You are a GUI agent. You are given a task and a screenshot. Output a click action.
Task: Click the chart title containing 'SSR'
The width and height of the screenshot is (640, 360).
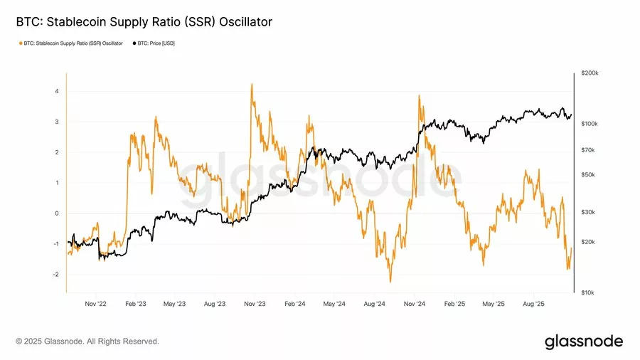click(144, 22)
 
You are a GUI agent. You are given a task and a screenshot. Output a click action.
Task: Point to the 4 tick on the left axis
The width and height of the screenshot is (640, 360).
click(56, 91)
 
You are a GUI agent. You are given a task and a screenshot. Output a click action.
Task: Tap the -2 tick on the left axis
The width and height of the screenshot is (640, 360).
click(55, 275)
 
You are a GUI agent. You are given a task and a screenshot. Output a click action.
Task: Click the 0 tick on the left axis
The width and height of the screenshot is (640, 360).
click(56, 213)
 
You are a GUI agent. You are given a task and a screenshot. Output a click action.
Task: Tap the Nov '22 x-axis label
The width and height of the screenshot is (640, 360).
click(95, 304)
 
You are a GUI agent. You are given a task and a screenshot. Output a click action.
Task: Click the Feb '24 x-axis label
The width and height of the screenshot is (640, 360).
click(295, 304)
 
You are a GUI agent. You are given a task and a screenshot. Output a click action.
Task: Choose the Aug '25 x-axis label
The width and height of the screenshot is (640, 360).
click(533, 304)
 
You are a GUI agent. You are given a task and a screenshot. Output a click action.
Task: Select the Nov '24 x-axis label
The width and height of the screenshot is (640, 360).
click(414, 304)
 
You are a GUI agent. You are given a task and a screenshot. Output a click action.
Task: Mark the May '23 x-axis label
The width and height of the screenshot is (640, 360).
click(175, 304)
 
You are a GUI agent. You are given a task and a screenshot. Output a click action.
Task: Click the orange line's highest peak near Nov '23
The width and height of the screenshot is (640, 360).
click(252, 84)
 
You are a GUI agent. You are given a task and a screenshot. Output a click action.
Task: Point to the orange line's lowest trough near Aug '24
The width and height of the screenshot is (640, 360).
click(390, 282)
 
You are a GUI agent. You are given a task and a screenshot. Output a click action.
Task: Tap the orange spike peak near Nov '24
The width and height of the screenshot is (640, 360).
click(419, 95)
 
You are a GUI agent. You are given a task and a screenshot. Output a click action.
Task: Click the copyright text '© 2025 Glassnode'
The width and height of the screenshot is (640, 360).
click(87, 342)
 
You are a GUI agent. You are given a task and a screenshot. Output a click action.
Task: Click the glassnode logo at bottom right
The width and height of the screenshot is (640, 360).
click(583, 342)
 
